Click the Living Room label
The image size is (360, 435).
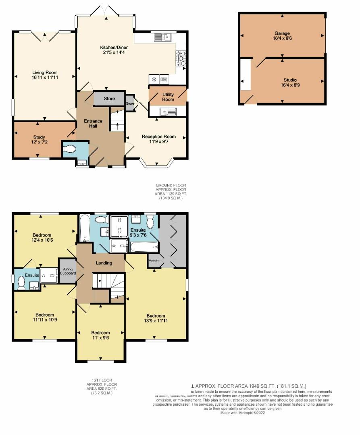pyautogui.click(x=44, y=72)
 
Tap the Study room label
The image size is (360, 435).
pyautogui.click(x=39, y=137)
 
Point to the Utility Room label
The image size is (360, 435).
pyautogui.click(x=168, y=97)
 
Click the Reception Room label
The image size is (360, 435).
pyautogui.click(x=158, y=137)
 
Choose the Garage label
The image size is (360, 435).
pyautogui.click(x=282, y=33)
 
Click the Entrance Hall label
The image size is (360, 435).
pyautogui.click(x=93, y=124)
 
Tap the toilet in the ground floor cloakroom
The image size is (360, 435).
pyautogui.click(x=69, y=149)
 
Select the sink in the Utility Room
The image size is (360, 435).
pyautogui.click(x=167, y=111)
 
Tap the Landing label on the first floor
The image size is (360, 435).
pyautogui.click(x=104, y=263)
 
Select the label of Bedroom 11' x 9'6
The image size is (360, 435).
pyautogui.click(x=100, y=333)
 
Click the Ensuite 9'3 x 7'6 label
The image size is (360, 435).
pyautogui.click(x=138, y=230)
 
